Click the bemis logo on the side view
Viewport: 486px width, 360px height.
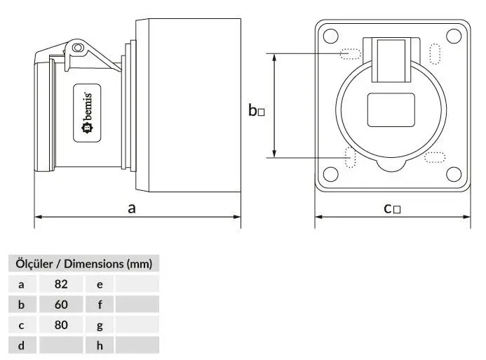click(87, 113)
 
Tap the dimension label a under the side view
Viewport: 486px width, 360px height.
click(132, 208)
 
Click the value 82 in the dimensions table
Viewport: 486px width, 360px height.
click(61, 284)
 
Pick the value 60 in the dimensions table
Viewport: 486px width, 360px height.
click(61, 304)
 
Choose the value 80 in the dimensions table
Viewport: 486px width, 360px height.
click(61, 325)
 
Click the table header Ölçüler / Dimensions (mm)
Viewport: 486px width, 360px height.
click(83, 264)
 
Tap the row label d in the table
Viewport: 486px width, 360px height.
click(21, 345)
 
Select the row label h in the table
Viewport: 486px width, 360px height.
click(100, 345)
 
